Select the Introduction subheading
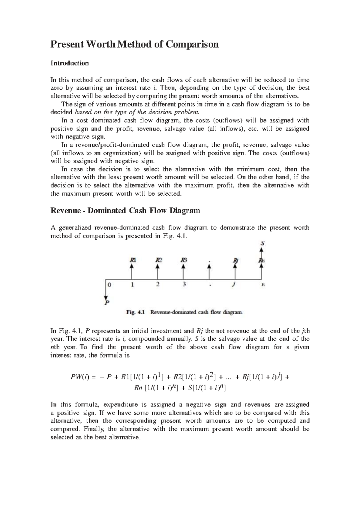click(70, 63)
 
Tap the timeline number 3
click(184, 285)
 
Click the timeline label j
click(235, 285)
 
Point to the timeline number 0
click(109, 285)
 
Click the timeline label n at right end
click(263, 285)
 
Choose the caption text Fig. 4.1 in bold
click(135, 313)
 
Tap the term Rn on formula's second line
click(138, 388)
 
